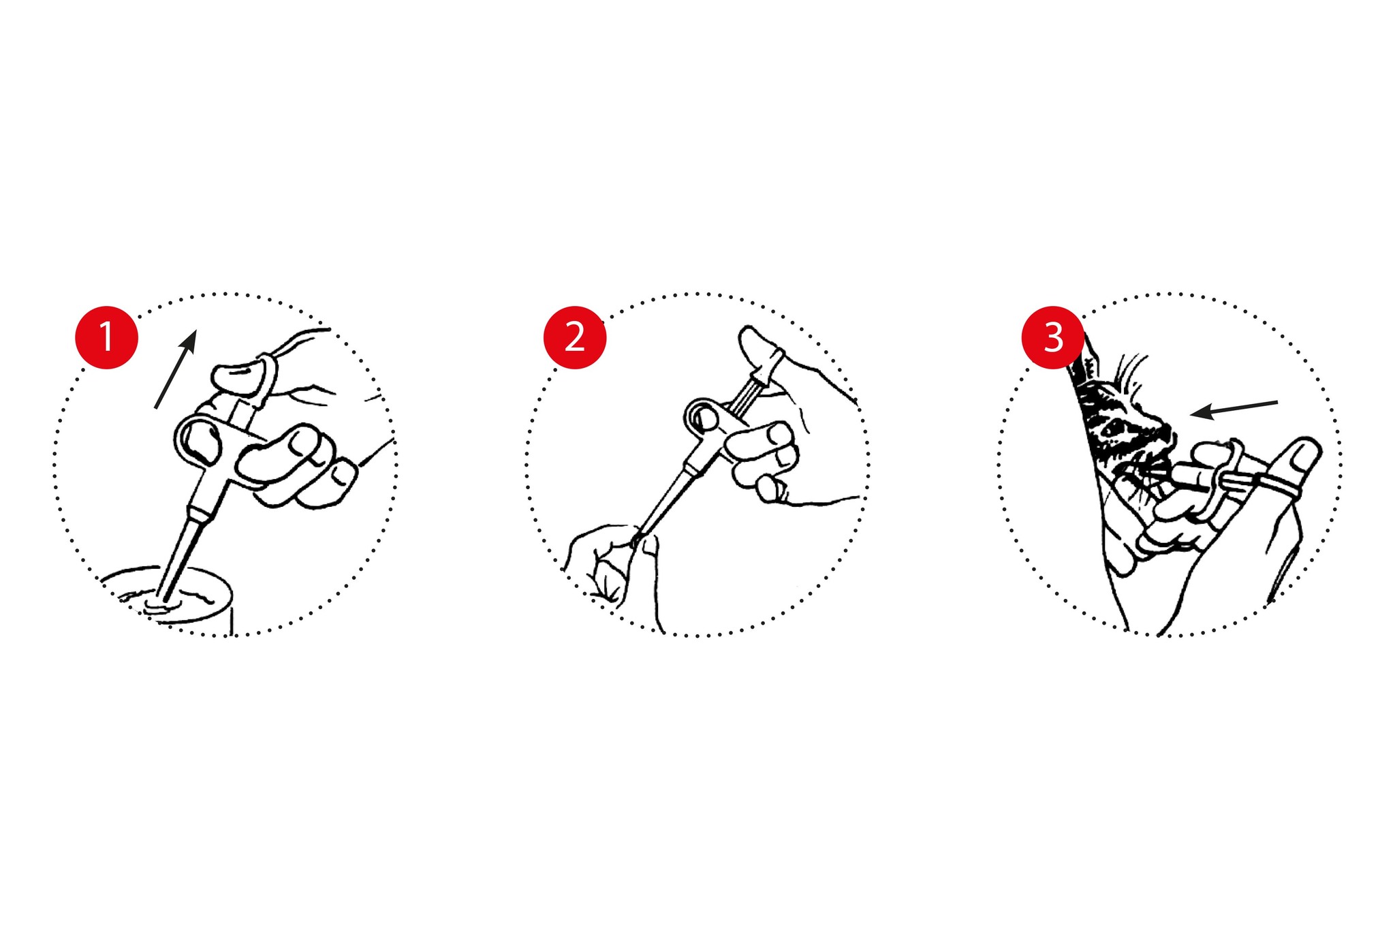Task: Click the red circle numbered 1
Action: coord(107,337)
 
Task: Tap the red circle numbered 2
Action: coord(575,337)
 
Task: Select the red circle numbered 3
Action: coord(1053,337)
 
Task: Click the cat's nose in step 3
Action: coord(1166,434)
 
